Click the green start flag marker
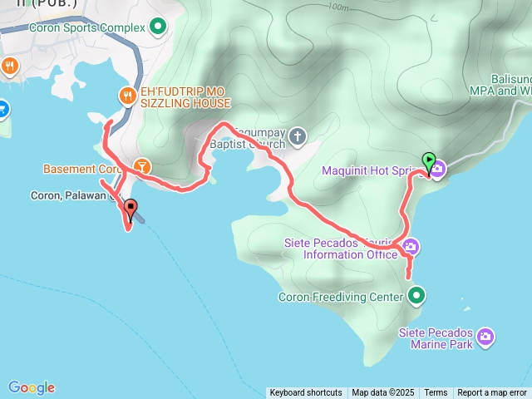click(429, 160)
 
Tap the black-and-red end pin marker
click(131, 208)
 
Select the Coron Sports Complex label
click(86, 27)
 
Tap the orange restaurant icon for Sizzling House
click(127, 96)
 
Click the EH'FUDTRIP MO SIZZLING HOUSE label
click(185, 96)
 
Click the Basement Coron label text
click(82, 169)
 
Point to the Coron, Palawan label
click(69, 196)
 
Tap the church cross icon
click(298, 135)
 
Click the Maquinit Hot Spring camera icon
click(437, 170)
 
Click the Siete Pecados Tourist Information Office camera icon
click(411, 247)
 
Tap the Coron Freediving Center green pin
click(416, 296)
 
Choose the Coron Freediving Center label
click(341, 297)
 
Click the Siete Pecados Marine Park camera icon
click(485, 337)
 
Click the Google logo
click(32, 387)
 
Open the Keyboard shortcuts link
click(306, 393)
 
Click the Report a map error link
click(492, 393)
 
